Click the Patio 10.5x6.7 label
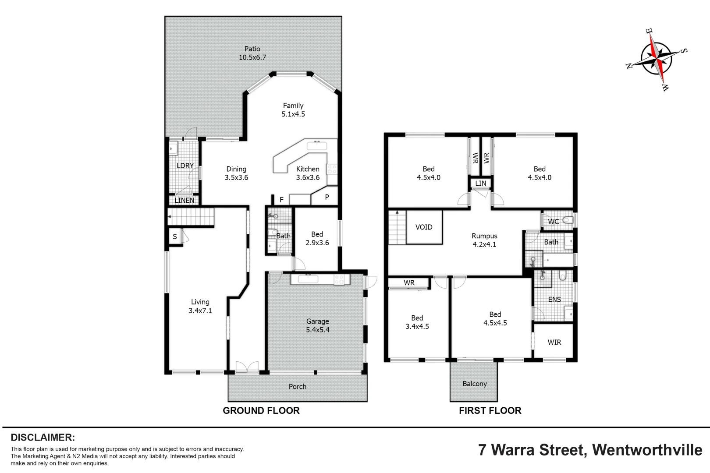(252, 53)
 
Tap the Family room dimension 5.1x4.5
(293, 114)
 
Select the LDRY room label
(185, 166)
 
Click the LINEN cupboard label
(185, 200)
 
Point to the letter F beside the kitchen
(281, 200)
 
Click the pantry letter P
(327, 197)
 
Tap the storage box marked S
(175, 236)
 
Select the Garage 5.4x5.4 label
(318, 325)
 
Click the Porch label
(298, 386)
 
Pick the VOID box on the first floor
(424, 227)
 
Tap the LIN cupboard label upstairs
(481, 184)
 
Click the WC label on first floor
(554, 222)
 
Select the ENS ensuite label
(554, 300)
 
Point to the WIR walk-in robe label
(554, 342)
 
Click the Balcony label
(475, 384)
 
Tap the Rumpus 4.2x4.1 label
(484, 240)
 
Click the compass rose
(656, 58)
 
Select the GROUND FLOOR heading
(261, 410)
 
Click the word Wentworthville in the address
(647, 450)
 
